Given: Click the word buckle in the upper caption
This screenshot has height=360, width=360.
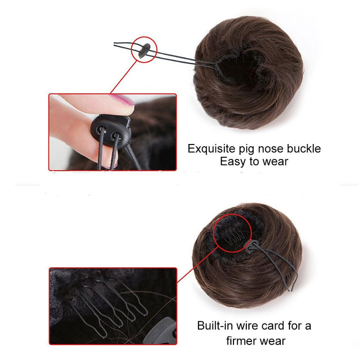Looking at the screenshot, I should click(x=304, y=149).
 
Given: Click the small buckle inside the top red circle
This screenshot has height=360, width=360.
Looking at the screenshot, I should click(x=143, y=49).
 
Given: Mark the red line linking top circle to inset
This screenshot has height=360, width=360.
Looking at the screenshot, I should click(x=123, y=77).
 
